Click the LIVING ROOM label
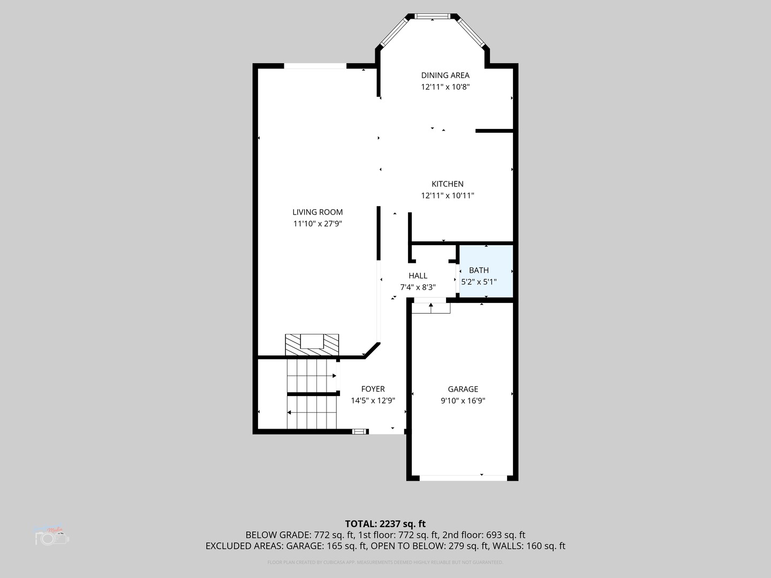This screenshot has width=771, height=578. pos(318,212)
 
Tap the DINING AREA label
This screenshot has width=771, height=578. pos(445,75)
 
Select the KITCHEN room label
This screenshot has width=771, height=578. pos(448,184)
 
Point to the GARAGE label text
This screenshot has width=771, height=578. pos(463,389)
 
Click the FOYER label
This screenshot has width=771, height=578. pos(373,389)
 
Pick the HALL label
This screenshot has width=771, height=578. pos(418,276)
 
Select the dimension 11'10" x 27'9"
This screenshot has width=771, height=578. pos(318,224)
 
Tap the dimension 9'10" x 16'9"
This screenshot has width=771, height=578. pos(463,401)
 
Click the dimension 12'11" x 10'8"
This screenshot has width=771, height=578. pos(445,87)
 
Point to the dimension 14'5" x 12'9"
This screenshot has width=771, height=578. pos(373,401)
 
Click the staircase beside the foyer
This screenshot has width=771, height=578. pos(312,394)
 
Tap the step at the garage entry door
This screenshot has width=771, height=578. pos(431,308)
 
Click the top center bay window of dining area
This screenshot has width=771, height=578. pos(433,17)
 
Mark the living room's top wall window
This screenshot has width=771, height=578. pos(315,66)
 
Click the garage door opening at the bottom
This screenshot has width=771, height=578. pos(463,477)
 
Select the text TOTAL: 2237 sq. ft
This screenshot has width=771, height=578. pos(385,523)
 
